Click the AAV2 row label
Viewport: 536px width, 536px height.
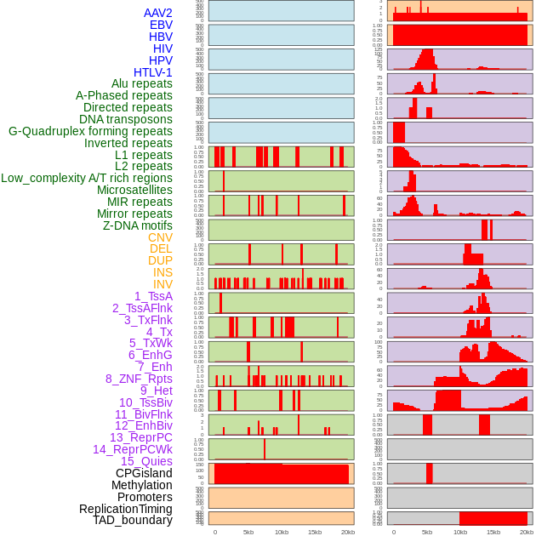[157, 13]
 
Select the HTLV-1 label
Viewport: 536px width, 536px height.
[152, 72]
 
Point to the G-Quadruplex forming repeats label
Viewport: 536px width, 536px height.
[90, 131]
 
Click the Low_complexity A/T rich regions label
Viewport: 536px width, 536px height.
[87, 178]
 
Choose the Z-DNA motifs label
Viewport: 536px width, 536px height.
[137, 225]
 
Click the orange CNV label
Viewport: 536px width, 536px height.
[160, 237]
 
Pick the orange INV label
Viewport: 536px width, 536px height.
[163, 284]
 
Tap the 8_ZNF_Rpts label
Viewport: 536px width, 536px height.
[139, 379]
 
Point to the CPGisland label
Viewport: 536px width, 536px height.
[144, 473]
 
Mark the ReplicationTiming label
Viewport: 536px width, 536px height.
[125, 509]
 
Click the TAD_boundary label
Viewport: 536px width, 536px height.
[132, 520]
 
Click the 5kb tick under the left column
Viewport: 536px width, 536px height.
[248, 532]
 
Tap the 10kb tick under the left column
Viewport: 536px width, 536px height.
[281, 532]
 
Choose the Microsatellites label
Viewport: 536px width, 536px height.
[134, 190]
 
